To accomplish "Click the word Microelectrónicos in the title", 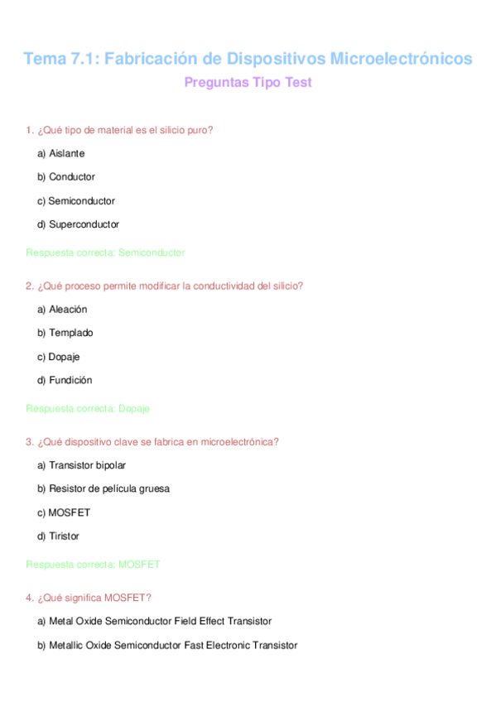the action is tap(402, 59).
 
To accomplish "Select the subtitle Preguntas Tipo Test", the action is tap(248, 83).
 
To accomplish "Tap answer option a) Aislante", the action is tap(60, 153).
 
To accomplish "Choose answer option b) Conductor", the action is tap(66, 176).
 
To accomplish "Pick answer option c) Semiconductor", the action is tap(76, 200).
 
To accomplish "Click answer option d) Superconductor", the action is tap(78, 224).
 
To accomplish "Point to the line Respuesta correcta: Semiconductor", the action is tap(105, 252).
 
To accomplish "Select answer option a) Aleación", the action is tap(62, 309).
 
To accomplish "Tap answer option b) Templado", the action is tap(65, 332).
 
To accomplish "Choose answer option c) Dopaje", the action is tap(59, 356).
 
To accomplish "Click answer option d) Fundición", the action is tap(65, 380).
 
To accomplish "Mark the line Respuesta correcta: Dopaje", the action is tap(88, 408).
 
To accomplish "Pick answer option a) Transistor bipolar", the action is tap(81, 464).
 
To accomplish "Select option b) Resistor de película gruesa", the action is tap(104, 488).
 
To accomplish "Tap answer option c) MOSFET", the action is tap(64, 512).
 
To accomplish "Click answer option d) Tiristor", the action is tap(58, 536).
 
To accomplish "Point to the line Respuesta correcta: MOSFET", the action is tap(93, 565).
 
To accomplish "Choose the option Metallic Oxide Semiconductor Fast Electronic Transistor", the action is tap(167, 645).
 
